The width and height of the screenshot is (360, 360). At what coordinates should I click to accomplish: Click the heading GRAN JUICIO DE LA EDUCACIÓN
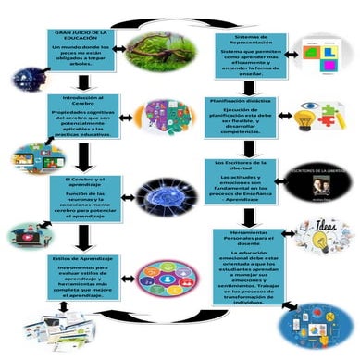[x=81, y=36]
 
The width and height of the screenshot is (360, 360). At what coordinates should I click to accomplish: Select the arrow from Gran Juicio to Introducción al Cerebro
[x=84, y=81]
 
